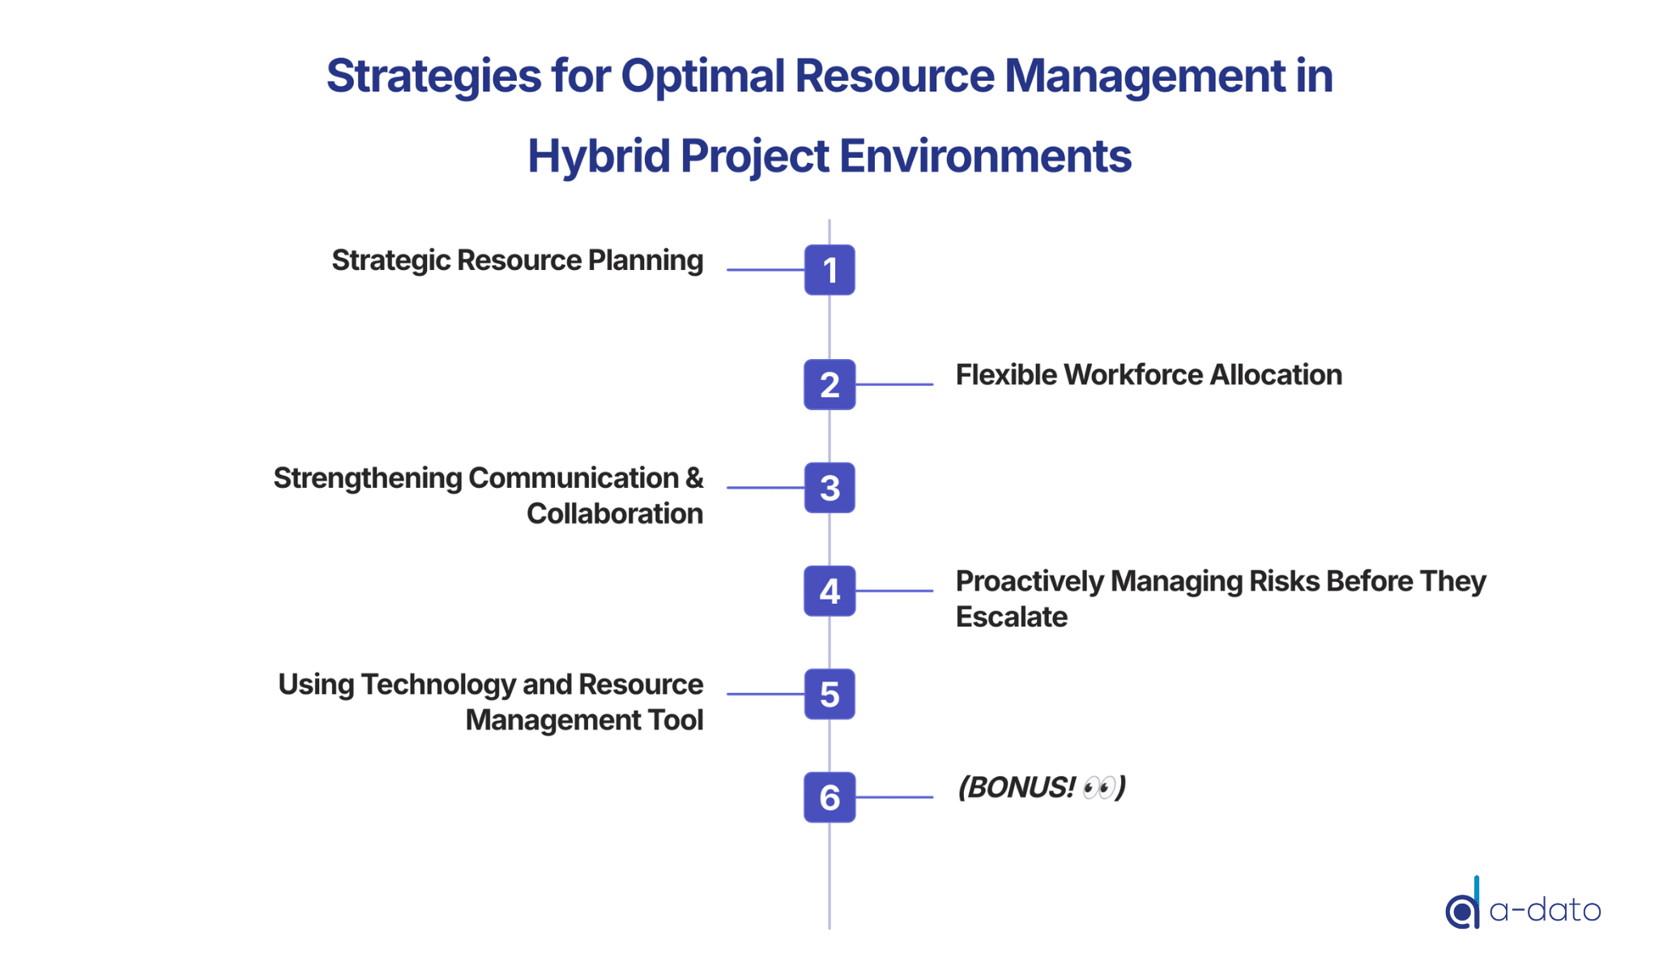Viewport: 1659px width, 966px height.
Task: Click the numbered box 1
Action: click(x=829, y=270)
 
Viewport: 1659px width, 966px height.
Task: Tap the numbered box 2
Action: click(x=829, y=384)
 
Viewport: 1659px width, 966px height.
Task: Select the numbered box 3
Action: click(x=829, y=488)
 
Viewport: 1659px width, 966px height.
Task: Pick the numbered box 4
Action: click(x=829, y=591)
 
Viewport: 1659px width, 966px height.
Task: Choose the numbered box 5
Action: click(x=829, y=695)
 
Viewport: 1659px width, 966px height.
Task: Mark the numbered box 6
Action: click(x=829, y=797)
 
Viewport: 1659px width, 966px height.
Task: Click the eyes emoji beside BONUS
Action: click(x=1099, y=787)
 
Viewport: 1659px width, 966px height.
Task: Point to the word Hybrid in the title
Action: click(x=598, y=156)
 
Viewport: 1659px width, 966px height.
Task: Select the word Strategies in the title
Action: click(x=434, y=76)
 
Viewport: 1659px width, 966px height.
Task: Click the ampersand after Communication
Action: click(x=694, y=478)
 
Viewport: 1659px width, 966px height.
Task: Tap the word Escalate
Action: click(x=1012, y=617)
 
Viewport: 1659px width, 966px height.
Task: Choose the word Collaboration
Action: click(x=615, y=514)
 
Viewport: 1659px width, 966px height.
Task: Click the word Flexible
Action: click(x=1007, y=374)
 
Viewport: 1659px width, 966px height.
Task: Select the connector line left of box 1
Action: click(x=766, y=270)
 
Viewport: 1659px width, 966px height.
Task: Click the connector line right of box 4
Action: click(x=894, y=591)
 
